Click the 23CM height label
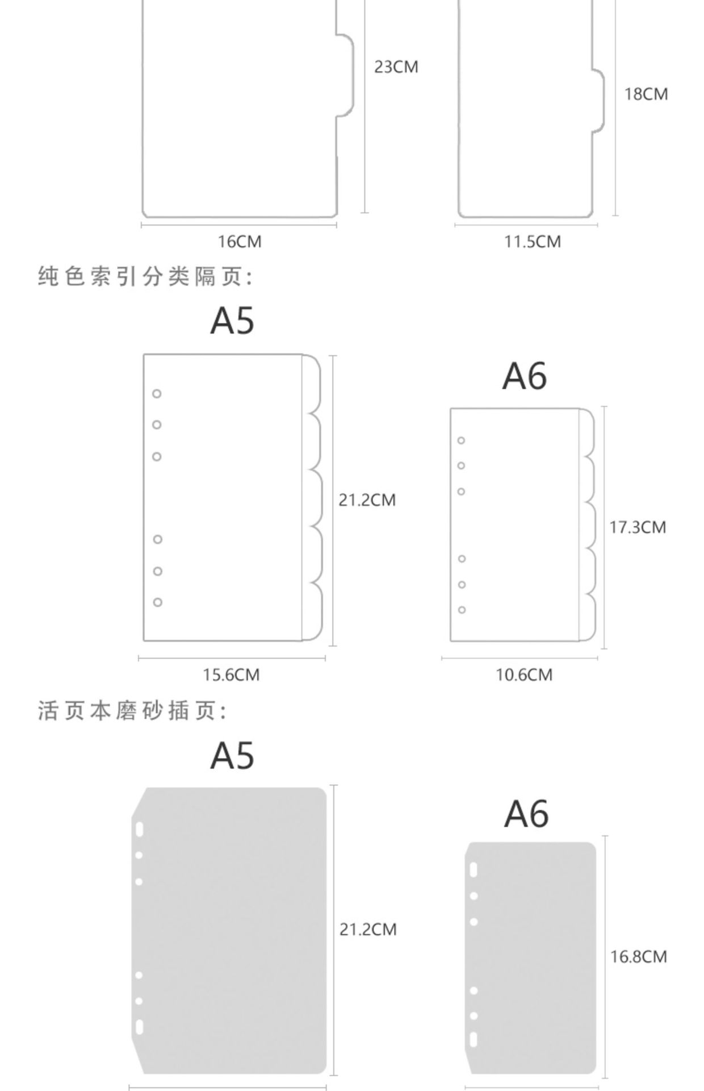point(396,67)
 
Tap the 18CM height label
point(646,94)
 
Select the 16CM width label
point(240,241)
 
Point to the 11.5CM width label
point(532,241)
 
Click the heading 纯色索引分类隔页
point(145,277)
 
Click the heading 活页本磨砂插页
point(132,711)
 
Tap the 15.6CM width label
point(231,675)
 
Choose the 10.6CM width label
point(523,675)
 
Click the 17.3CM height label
point(637,527)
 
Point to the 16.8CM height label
point(638,957)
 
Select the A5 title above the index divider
point(232,320)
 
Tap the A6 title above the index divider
point(525,376)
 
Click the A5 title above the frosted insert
point(232,756)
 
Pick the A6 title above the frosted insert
point(526,814)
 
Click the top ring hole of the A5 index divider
point(157,394)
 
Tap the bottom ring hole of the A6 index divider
point(462,610)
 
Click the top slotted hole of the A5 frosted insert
point(139,830)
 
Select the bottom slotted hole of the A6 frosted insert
point(473,1039)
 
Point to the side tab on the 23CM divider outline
point(345,75)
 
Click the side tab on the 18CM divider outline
point(598,101)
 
